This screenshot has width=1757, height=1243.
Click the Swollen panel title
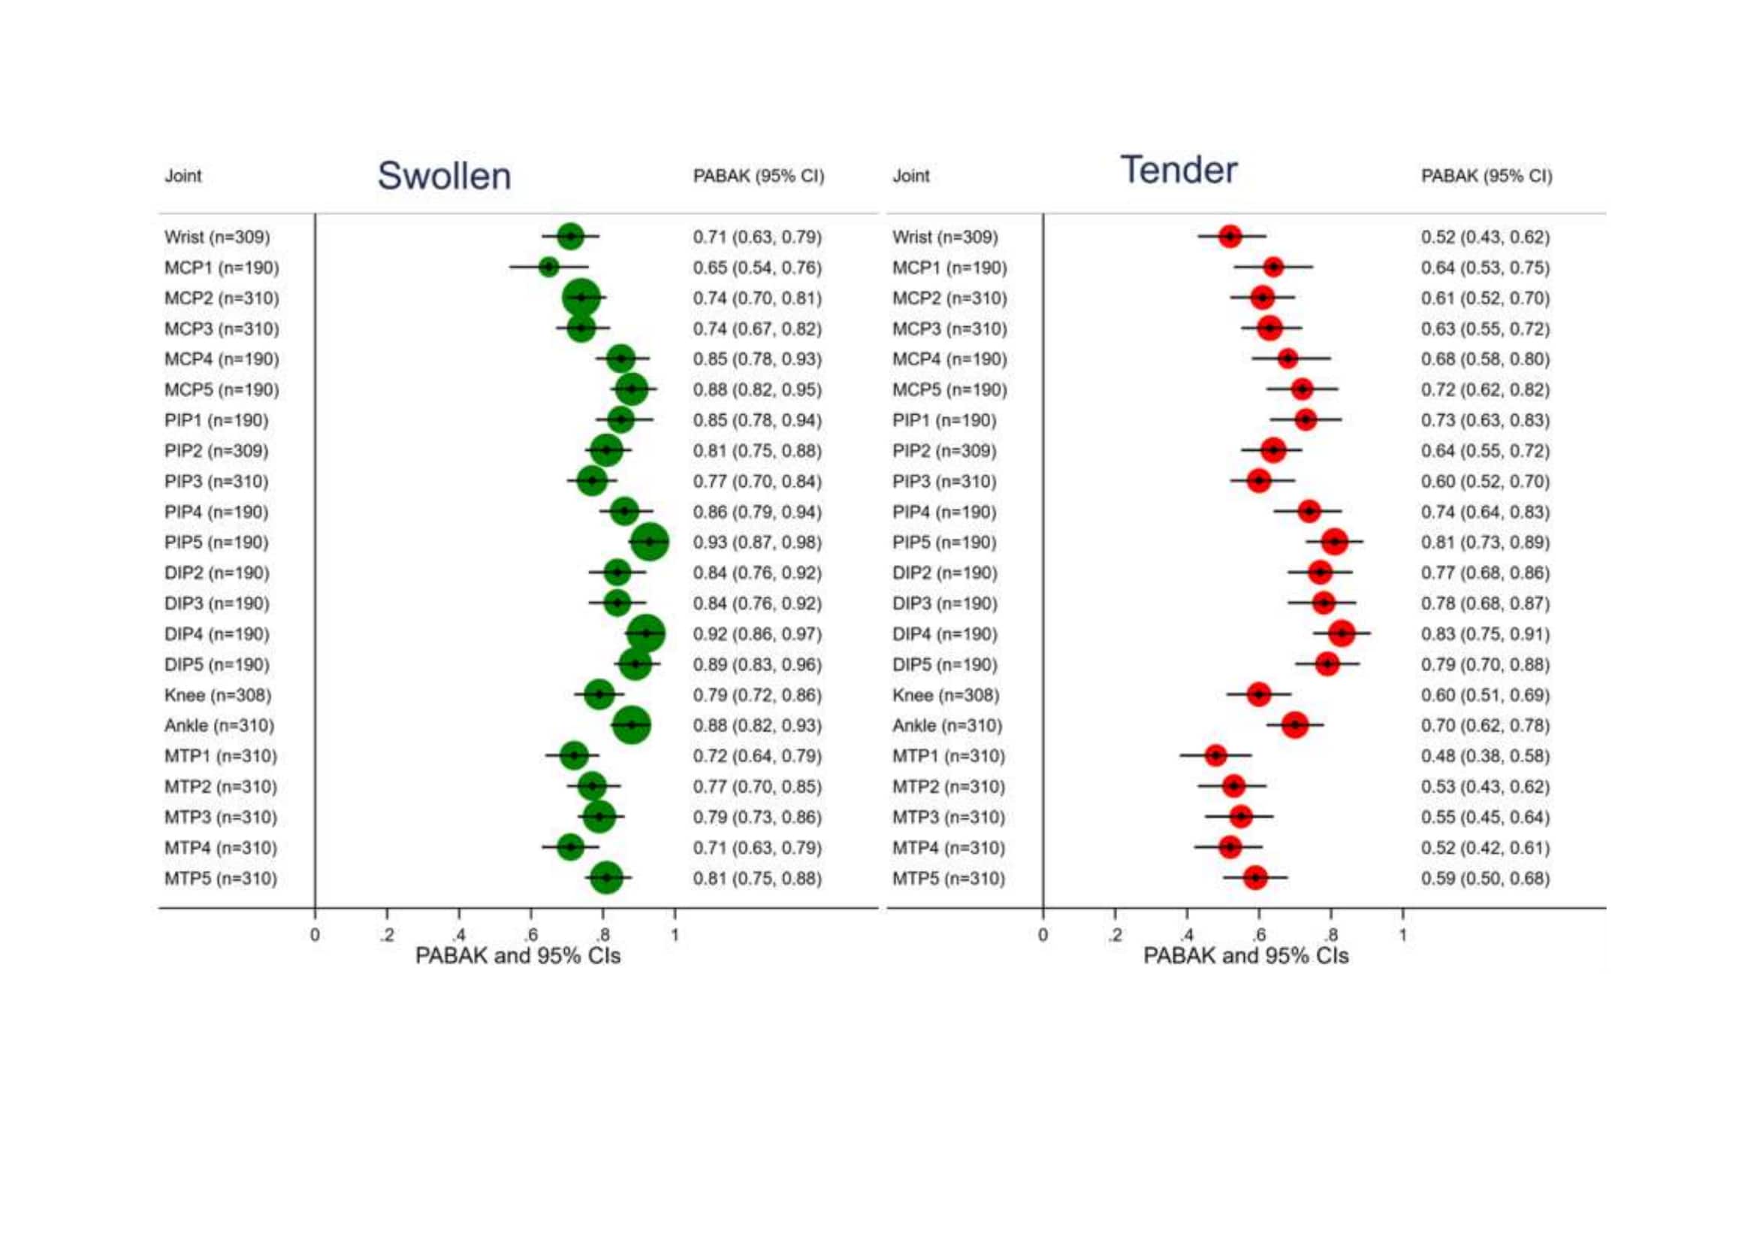click(444, 175)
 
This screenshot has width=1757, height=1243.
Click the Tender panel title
click(1179, 170)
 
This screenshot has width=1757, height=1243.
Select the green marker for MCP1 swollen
click(548, 267)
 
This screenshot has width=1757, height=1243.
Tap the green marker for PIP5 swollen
click(649, 542)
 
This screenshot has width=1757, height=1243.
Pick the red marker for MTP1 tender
click(1215, 755)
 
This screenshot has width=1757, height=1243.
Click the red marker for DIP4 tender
click(1342, 634)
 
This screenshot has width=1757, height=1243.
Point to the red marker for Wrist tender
click(1230, 237)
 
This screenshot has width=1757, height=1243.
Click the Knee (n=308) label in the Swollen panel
click(218, 695)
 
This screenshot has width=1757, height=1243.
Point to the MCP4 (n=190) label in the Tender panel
click(949, 359)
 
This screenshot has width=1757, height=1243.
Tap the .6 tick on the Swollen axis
click(531, 935)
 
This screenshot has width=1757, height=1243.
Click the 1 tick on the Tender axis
click(1402, 935)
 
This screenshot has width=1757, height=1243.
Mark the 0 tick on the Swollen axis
click(315, 935)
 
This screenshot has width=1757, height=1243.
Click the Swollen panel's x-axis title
click(518, 955)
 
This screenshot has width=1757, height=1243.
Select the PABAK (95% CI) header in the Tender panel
click(1486, 176)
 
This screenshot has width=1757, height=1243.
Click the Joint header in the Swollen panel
click(183, 176)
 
